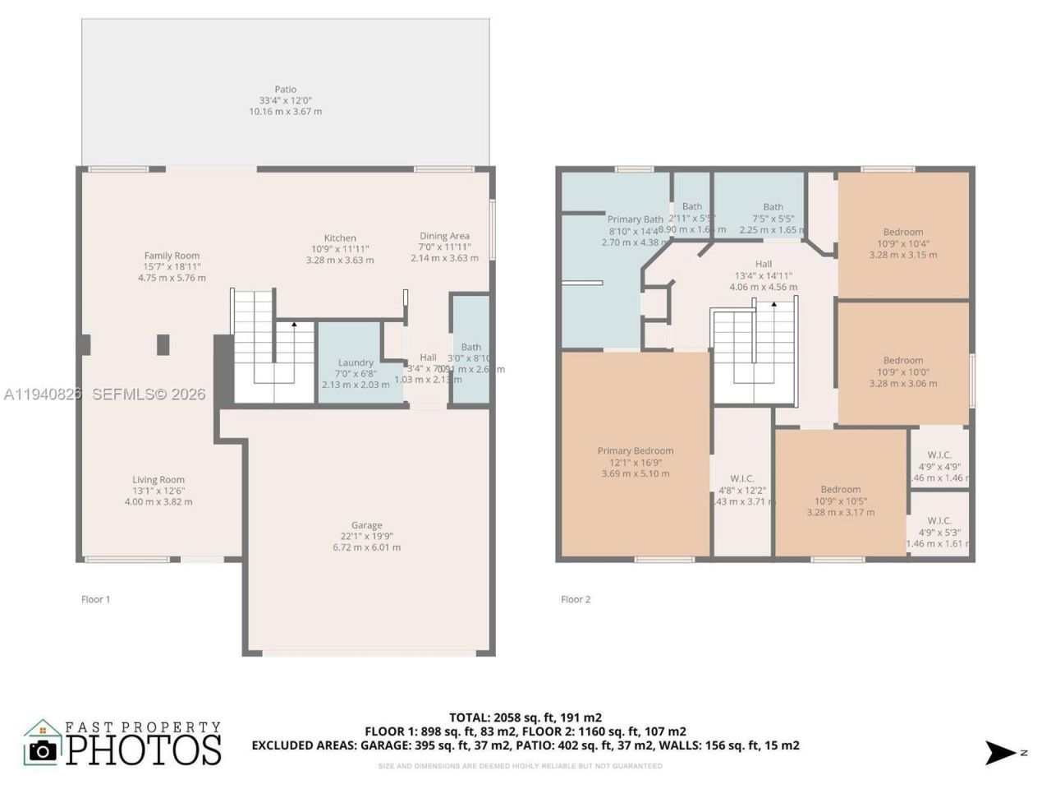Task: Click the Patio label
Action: pos(285,90)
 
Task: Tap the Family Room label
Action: pos(172,256)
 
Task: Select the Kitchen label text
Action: pos(340,238)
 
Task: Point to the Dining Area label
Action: pos(444,237)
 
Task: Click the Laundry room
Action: pos(356,363)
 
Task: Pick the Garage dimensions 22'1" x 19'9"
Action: pos(366,537)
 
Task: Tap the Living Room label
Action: pos(158,480)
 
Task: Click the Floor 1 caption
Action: pos(95,599)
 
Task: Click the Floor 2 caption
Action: pos(576,599)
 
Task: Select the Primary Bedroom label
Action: pos(635,451)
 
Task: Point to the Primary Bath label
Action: pos(635,219)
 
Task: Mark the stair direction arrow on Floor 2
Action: pos(773,305)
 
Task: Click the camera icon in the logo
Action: pos(42,750)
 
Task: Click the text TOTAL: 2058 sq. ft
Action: pos(525,717)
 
